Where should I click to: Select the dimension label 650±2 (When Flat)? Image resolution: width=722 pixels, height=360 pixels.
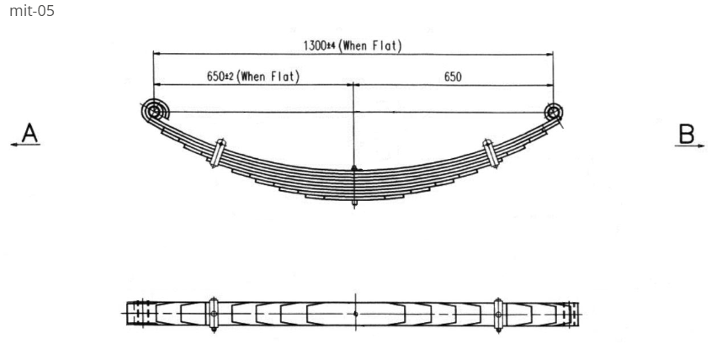tap(252, 77)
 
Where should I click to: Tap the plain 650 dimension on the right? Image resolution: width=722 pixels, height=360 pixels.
tap(453, 77)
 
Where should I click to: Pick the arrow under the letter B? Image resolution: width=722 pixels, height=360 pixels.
tap(687, 146)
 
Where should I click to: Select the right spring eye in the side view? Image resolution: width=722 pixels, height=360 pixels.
tap(553, 111)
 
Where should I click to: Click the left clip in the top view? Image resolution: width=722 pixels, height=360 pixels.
tap(214, 314)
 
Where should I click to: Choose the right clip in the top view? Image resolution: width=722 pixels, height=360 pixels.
tap(499, 314)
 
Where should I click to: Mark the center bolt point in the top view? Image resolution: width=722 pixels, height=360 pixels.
tap(356, 314)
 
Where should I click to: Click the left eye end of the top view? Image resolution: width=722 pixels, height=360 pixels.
tap(141, 314)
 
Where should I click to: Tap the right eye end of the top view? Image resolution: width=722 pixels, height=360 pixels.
tap(571, 314)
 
